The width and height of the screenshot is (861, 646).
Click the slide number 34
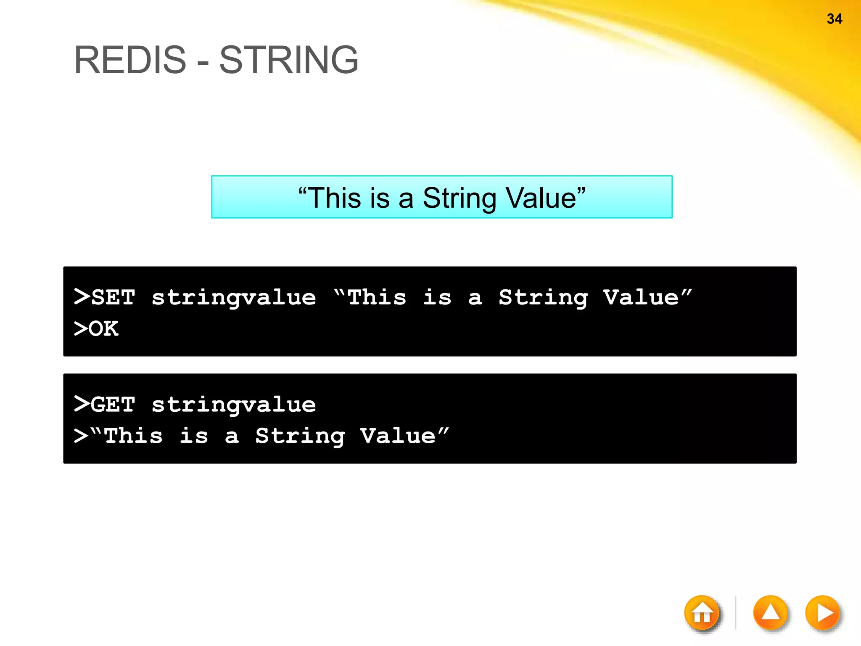tap(834, 19)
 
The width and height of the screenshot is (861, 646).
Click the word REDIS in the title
tap(130, 60)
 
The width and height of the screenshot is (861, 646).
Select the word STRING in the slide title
tap(289, 60)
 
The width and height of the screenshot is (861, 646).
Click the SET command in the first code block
tap(113, 297)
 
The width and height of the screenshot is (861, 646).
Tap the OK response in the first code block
tap(103, 328)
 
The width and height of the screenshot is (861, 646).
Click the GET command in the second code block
tap(113, 405)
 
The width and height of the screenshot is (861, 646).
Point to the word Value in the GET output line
tap(398, 436)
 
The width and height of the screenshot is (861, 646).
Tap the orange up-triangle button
tap(770, 613)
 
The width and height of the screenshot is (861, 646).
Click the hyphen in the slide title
tap(202, 63)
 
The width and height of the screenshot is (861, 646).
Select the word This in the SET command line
tap(377, 297)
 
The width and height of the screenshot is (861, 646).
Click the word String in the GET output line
tap(300, 437)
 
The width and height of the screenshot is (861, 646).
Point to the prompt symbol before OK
tap(80, 328)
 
